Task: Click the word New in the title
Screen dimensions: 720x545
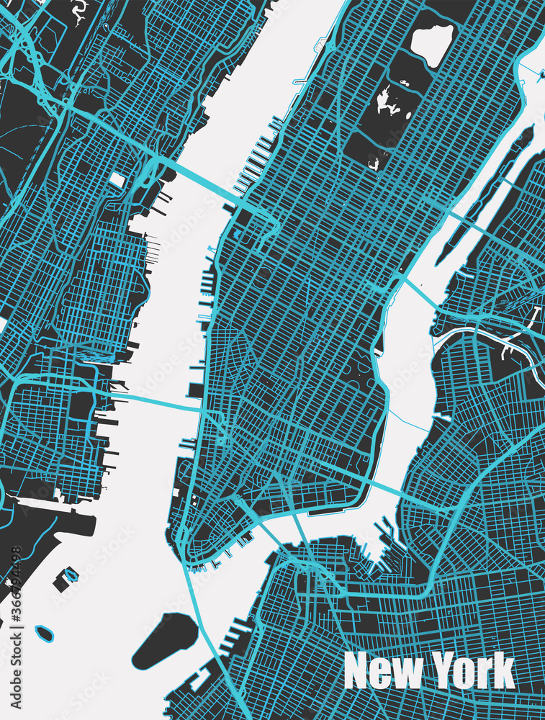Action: click(x=379, y=671)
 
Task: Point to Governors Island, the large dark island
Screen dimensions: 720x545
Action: click(x=164, y=639)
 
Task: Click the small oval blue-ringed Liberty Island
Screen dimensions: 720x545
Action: click(x=45, y=634)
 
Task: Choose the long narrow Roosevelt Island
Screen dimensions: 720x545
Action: click(x=484, y=194)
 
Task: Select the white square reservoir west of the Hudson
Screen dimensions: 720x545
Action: click(x=117, y=180)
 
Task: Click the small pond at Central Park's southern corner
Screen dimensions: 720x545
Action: click(x=375, y=164)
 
